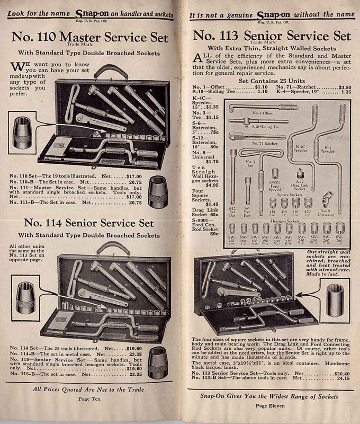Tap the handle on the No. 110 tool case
tap(111, 70)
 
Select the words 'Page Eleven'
tap(270, 405)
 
